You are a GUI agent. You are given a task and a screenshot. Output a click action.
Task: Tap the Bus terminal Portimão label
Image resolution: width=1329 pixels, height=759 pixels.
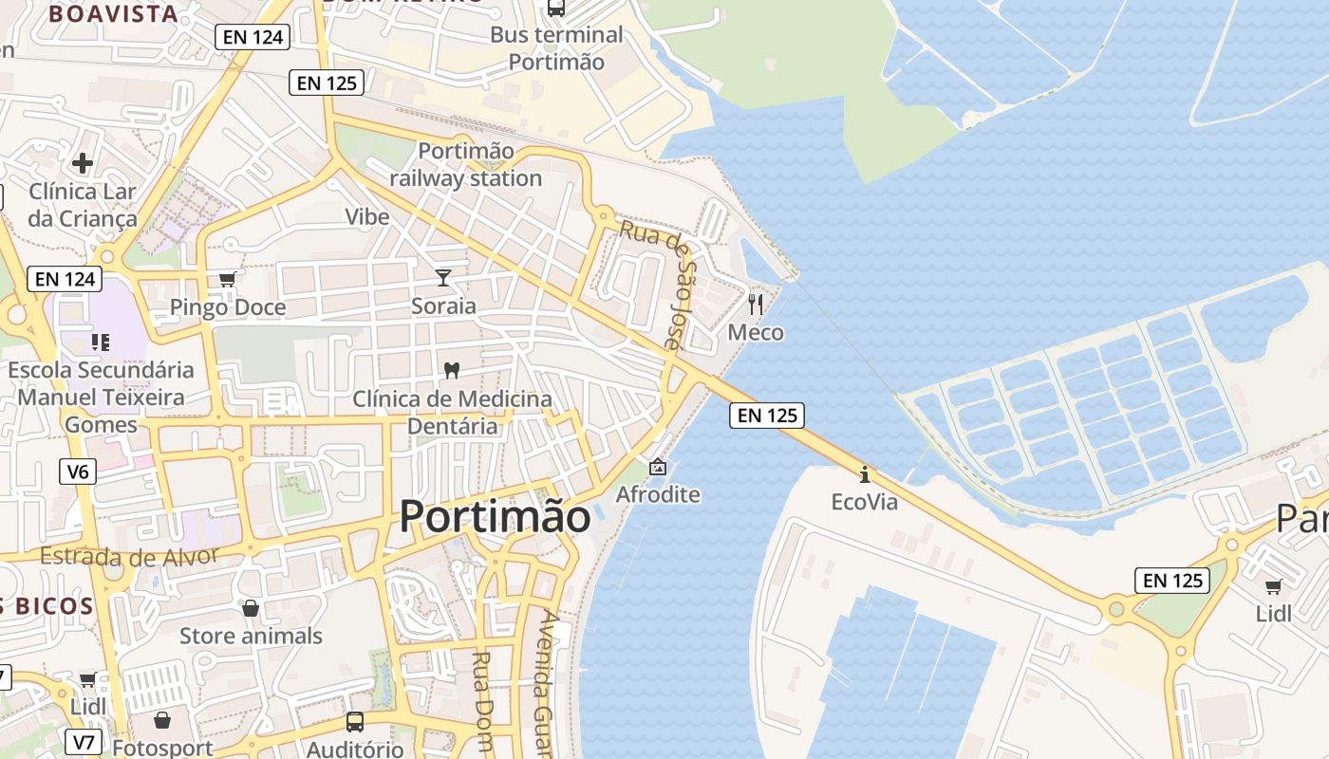point(556,48)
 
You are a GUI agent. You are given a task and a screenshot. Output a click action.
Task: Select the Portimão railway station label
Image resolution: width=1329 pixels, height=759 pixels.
point(466,164)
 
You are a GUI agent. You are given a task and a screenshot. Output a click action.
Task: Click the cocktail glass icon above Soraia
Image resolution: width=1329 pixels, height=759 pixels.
point(443,277)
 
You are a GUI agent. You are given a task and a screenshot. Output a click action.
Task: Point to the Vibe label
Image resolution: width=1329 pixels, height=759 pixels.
point(367,216)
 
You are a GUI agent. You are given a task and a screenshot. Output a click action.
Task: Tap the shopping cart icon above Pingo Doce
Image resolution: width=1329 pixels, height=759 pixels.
point(227,278)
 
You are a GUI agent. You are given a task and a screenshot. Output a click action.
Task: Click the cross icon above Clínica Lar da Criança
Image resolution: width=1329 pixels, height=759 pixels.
point(83,163)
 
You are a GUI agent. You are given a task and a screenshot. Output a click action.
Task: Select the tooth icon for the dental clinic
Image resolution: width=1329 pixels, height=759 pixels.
point(452,369)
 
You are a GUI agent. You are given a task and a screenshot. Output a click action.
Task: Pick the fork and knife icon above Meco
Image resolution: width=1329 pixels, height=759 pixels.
point(756,304)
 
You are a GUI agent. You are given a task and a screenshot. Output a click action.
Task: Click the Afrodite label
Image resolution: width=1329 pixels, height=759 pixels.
point(658,494)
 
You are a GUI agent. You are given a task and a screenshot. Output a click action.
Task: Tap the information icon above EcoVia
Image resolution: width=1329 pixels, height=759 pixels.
point(864,473)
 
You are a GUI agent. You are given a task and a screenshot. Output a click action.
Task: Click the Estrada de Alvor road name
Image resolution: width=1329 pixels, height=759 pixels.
point(130,556)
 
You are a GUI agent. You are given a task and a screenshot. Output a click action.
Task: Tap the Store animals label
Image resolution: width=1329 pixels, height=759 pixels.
point(251,636)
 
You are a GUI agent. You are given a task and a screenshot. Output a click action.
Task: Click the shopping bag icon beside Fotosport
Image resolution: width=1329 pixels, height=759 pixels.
point(162,720)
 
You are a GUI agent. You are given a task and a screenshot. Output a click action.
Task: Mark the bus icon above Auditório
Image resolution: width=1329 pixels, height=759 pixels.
point(355,721)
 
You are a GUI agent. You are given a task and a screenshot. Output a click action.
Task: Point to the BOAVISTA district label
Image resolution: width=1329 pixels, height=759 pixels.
point(113,14)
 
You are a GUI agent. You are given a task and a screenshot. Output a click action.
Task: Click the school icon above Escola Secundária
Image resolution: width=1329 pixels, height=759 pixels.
point(101,342)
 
